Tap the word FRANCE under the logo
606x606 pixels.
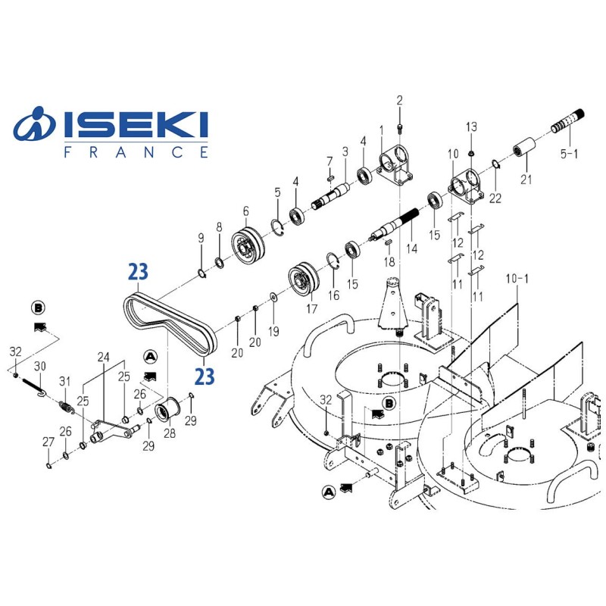click(136, 152)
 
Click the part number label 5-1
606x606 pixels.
click(569, 154)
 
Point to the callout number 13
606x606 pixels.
click(471, 126)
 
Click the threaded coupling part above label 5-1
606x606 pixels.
click(573, 121)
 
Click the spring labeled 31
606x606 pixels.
click(67, 409)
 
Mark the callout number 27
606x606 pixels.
click(48, 442)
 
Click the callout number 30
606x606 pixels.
click(41, 366)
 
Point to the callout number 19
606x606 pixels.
click(274, 331)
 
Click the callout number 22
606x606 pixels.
click(495, 199)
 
